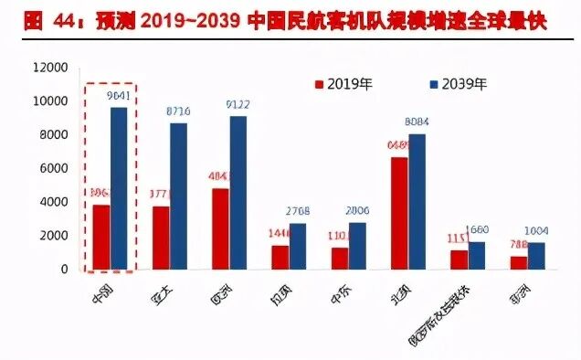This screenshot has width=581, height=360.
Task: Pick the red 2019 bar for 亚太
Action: [x=161, y=238]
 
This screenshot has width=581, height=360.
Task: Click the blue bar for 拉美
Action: [x=298, y=246]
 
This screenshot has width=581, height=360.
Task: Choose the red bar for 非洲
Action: [x=519, y=262]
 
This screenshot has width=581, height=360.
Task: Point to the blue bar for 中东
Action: [x=357, y=246]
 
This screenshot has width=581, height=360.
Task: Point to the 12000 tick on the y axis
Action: [x=49, y=68]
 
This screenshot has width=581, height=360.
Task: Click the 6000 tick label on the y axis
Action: [x=53, y=168]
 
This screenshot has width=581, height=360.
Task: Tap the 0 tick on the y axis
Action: [x=64, y=270]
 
